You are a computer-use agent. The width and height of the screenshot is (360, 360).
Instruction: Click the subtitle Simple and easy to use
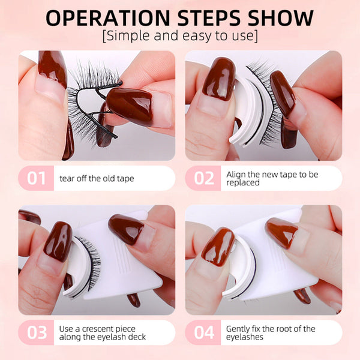point(180,36)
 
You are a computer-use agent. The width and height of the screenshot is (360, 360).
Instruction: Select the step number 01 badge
point(37,178)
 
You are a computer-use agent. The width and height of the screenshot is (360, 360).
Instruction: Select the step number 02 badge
point(203,178)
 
